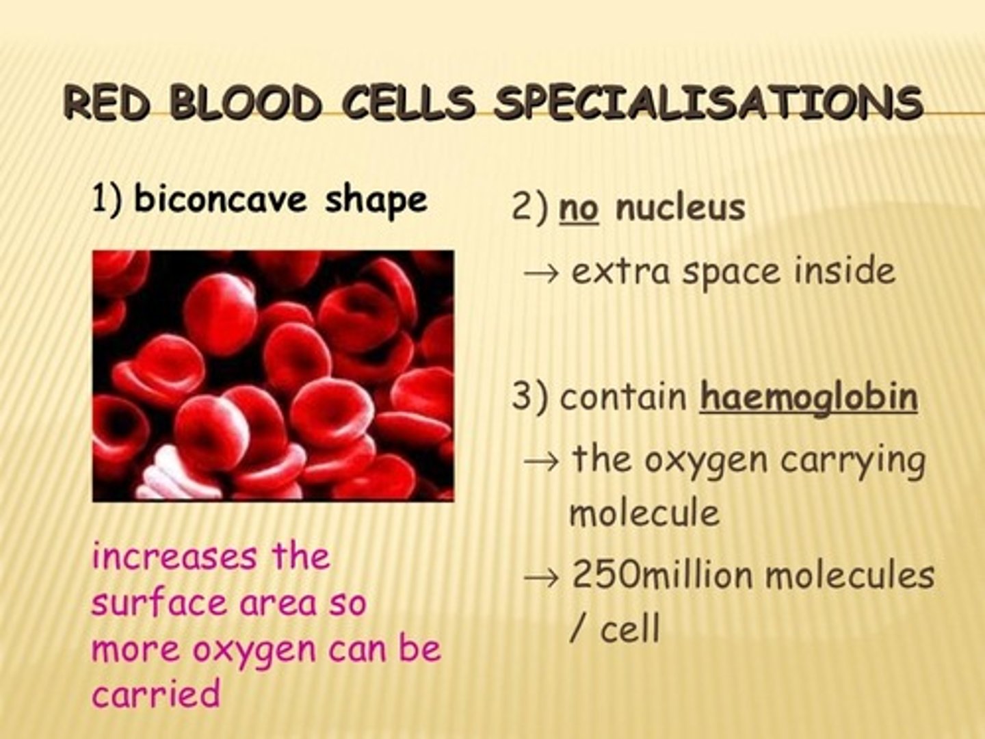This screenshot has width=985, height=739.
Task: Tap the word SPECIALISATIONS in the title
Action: pos(708,104)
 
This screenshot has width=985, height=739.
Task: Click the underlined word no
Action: pos(579,207)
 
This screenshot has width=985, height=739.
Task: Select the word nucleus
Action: pos(680,207)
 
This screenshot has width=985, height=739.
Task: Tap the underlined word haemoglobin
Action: pos(808,397)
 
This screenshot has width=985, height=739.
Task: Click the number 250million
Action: pos(661,575)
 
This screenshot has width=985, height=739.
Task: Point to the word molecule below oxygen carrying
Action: pos(644,513)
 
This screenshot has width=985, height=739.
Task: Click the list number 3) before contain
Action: pos(530,397)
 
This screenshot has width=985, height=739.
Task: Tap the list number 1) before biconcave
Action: pos(107,200)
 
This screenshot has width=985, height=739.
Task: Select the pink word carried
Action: pos(156,694)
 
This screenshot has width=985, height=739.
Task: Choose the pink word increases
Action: pos(175,557)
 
